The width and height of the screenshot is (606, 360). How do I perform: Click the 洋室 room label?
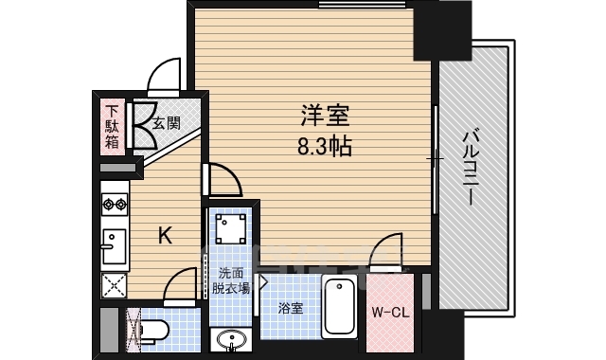[x=325, y=116]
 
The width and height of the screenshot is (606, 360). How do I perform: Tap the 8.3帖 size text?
[x=325, y=147]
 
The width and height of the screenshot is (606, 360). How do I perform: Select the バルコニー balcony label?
[x=472, y=168]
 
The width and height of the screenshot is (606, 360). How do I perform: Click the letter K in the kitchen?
[x=166, y=235]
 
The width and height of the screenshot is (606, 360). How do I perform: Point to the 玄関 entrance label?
[x=167, y=123]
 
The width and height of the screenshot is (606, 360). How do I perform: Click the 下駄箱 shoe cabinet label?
[x=112, y=127]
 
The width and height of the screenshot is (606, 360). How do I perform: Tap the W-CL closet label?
[x=390, y=313]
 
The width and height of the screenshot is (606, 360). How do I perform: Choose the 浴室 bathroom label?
[x=291, y=308]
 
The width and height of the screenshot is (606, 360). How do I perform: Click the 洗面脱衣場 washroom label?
[x=231, y=280]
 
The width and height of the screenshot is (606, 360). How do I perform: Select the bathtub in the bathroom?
[x=339, y=308]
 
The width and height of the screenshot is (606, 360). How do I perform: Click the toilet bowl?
[x=153, y=331]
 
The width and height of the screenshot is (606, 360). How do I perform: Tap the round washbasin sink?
[x=231, y=340]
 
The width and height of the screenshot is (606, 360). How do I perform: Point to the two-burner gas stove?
[x=115, y=204]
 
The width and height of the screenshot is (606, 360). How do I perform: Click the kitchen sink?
[x=114, y=246]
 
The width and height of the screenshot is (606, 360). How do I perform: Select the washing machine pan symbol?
[x=230, y=228]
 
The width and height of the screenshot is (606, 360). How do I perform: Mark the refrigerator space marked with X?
[x=114, y=285]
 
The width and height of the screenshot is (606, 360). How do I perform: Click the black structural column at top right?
[x=442, y=30]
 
